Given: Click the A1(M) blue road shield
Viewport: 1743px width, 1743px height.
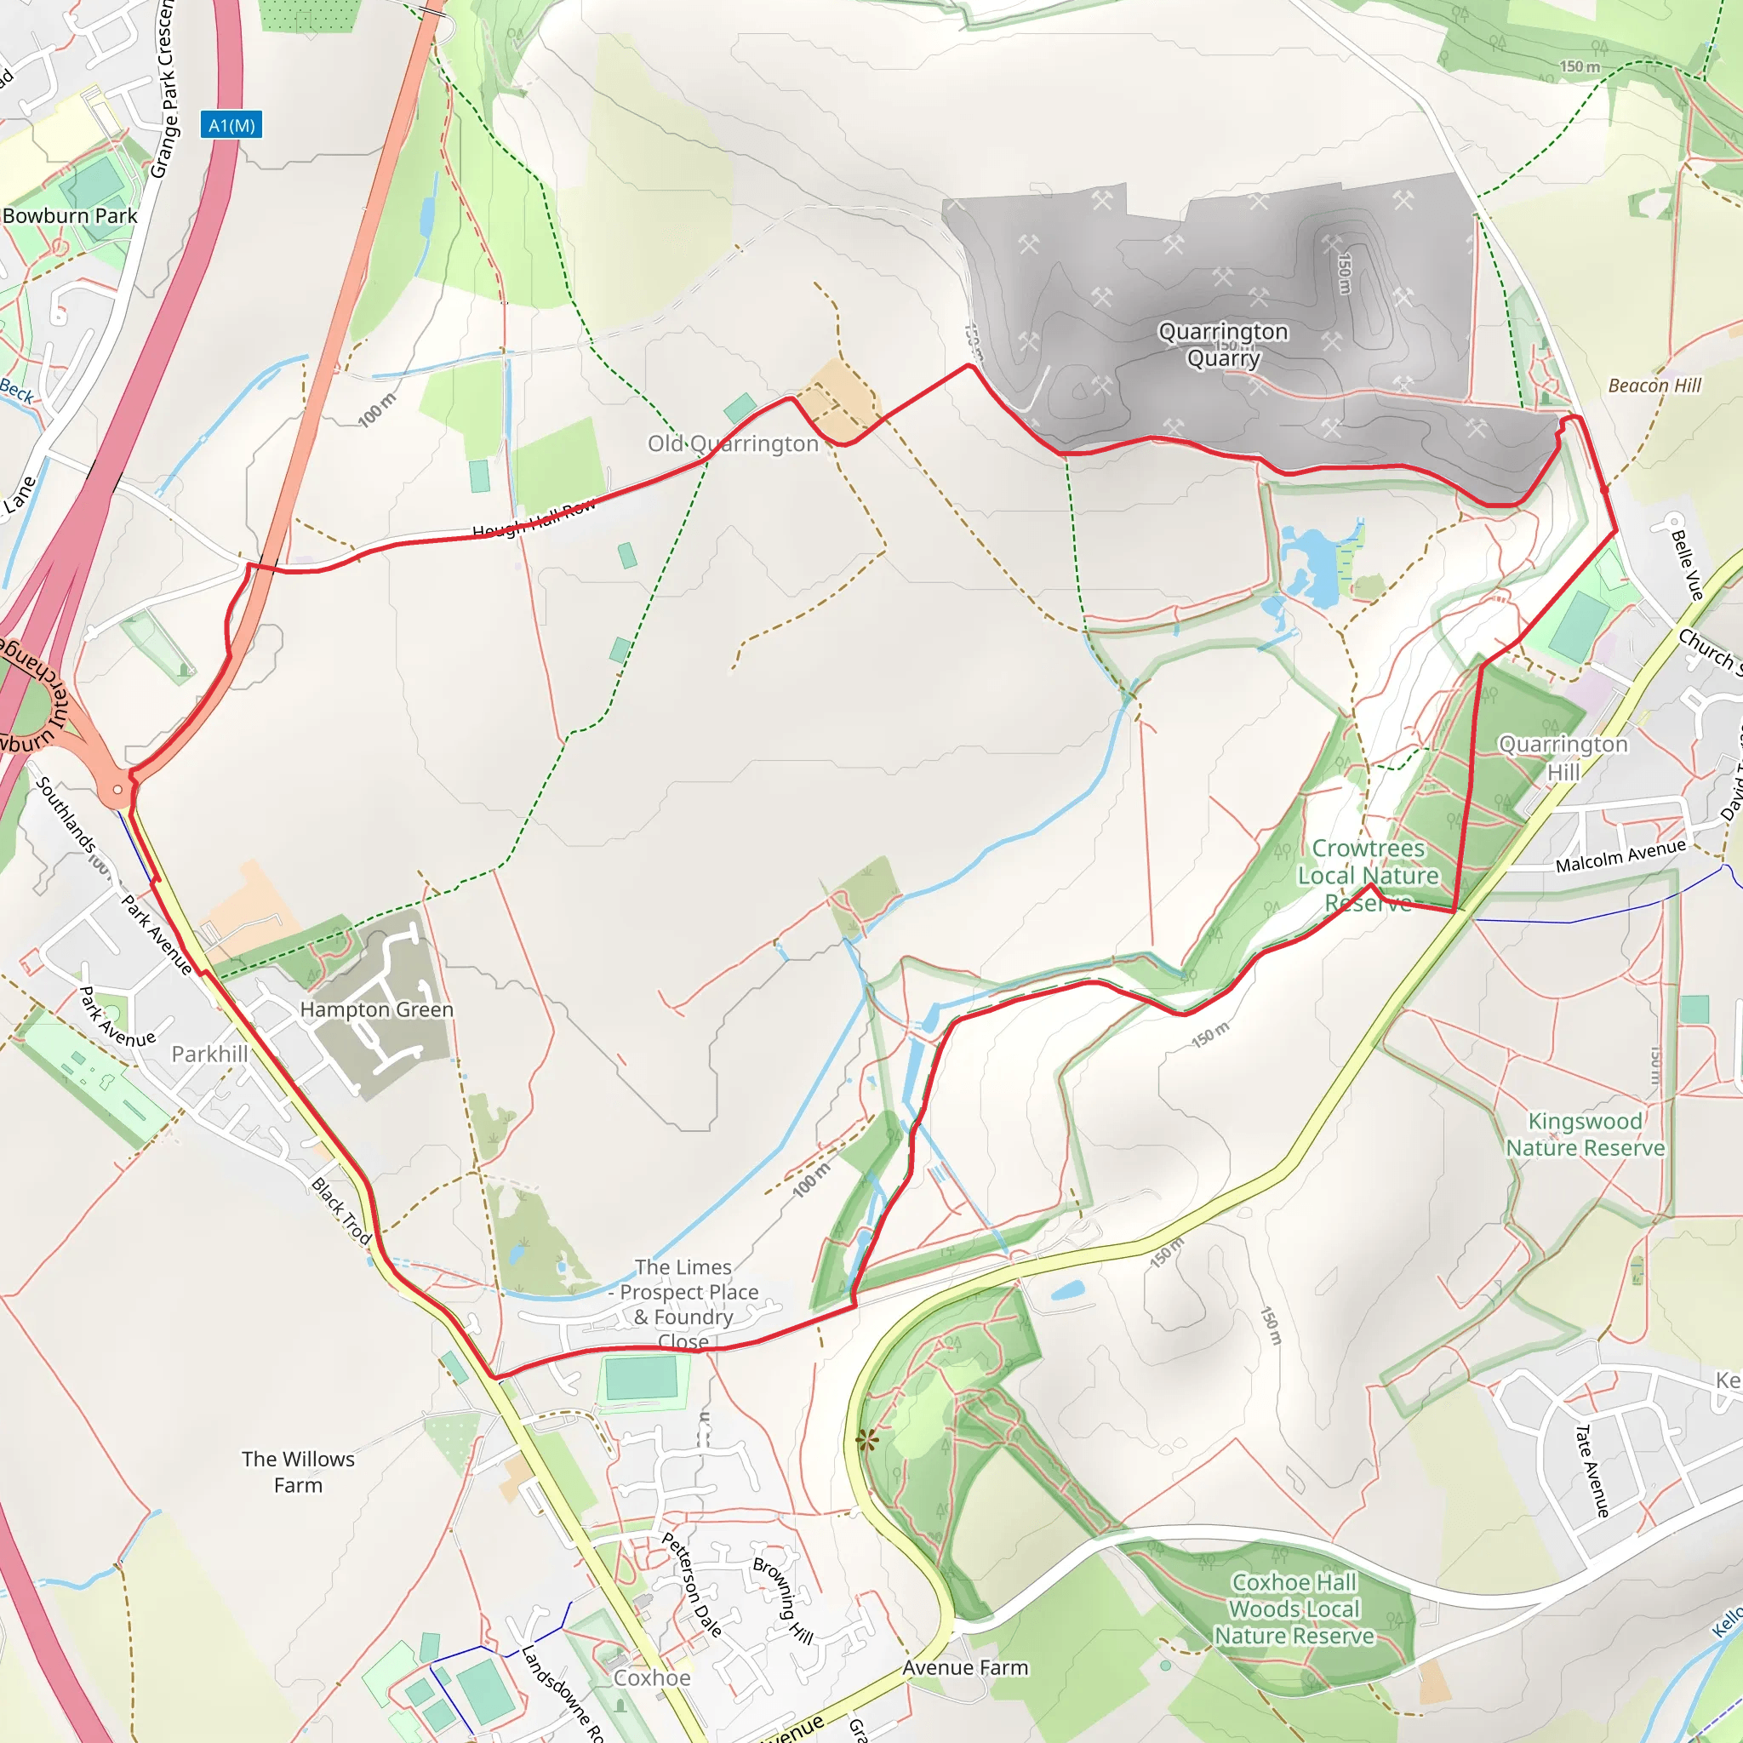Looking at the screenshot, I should tap(231, 125).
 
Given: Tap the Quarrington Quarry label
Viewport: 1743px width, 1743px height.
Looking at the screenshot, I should tap(1222, 345).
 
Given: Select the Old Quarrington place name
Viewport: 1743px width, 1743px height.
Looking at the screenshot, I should tap(733, 444).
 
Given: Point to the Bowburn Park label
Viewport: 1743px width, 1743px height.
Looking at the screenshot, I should tap(71, 215).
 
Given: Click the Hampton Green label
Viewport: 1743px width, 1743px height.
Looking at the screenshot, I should tap(376, 1009).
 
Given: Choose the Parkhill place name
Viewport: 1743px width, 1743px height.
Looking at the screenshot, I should tap(209, 1054).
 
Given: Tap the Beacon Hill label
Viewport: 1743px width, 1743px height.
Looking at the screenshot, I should tap(1654, 386).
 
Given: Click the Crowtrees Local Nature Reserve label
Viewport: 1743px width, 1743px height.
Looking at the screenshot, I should tap(1368, 875).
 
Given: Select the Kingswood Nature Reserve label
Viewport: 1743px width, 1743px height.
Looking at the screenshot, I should tap(1585, 1134).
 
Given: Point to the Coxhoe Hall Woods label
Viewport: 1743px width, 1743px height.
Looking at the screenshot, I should tap(1294, 1609).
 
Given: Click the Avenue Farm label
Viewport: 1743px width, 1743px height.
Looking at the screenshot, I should tap(965, 1668).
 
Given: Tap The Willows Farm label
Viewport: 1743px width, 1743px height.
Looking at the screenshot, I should tap(298, 1472).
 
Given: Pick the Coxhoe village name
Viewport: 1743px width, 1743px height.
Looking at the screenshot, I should tap(651, 1678).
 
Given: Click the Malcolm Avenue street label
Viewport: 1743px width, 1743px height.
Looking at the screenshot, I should tap(1620, 855).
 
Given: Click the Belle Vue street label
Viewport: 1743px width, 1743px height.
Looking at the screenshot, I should tap(1686, 565).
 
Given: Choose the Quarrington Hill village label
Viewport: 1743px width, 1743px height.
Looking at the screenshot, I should tap(1563, 757).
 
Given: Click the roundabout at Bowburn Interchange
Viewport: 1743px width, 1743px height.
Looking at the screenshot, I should tap(117, 790).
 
